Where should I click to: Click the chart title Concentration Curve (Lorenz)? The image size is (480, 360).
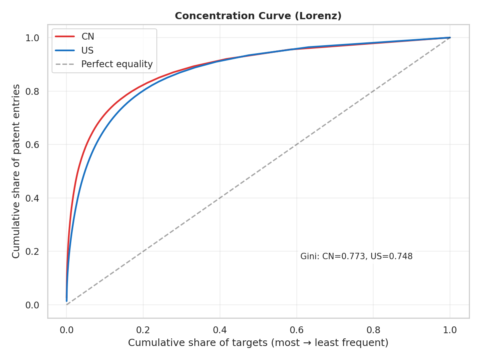[258, 16]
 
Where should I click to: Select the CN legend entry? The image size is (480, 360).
[88, 37]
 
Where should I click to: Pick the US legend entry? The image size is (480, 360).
[87, 50]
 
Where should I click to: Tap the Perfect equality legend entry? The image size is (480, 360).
[117, 64]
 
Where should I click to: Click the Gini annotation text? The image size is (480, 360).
[356, 256]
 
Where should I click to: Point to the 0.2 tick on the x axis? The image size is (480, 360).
[143, 330]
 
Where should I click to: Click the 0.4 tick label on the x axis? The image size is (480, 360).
[220, 330]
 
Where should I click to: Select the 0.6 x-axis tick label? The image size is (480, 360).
[296, 330]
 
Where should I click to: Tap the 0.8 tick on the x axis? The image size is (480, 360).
[373, 330]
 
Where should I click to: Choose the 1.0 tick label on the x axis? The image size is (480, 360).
[450, 330]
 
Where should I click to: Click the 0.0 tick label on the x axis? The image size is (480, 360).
[66, 330]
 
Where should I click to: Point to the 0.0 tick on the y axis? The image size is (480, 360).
[33, 305]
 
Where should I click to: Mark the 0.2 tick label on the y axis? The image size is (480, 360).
[33, 252]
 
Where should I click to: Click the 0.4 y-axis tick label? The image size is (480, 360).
[33, 198]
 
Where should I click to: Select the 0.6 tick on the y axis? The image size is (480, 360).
[33, 145]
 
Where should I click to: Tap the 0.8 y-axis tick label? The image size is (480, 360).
[33, 91]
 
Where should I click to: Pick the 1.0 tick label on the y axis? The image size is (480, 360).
[33, 38]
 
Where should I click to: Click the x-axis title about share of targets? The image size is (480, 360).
[258, 343]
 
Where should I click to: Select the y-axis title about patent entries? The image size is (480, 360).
[16, 171]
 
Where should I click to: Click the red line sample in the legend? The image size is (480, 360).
[65, 37]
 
